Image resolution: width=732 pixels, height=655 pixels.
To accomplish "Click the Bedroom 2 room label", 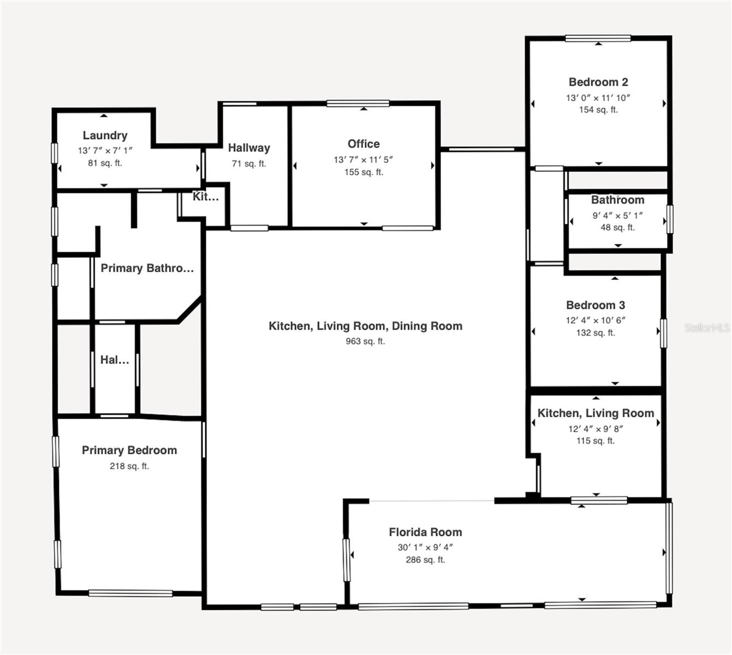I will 598,82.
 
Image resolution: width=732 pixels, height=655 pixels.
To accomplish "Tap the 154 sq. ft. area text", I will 598,110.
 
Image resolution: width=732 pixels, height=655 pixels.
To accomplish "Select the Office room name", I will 364,144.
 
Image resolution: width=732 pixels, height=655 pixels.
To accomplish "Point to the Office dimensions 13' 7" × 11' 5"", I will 364,159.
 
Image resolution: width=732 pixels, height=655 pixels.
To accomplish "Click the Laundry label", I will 105,135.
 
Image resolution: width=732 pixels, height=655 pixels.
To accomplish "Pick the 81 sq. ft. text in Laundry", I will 105,163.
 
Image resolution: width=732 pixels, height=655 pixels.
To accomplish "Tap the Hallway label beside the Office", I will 249,147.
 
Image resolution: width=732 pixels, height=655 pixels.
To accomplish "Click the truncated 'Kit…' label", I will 205,196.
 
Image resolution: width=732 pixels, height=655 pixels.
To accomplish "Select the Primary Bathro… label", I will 147,268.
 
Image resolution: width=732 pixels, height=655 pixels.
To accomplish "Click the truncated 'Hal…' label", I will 115,360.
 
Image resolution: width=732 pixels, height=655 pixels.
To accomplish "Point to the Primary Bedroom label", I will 129,450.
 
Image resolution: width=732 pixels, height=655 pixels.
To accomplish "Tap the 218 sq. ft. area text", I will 129,466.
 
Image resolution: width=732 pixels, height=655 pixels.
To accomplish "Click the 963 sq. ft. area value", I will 365,341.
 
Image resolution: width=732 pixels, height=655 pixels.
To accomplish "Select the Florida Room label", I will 425,532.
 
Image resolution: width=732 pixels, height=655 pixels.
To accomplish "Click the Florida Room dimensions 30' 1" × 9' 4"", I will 425,547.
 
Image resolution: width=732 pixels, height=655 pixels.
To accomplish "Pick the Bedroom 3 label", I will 596,305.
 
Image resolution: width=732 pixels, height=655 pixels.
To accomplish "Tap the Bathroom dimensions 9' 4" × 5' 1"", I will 617,216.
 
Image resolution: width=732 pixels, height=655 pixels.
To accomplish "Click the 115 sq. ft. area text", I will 596,440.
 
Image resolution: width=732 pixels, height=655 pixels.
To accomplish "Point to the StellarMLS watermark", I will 707,327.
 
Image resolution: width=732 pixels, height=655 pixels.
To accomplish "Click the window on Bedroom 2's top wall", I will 598,38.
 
